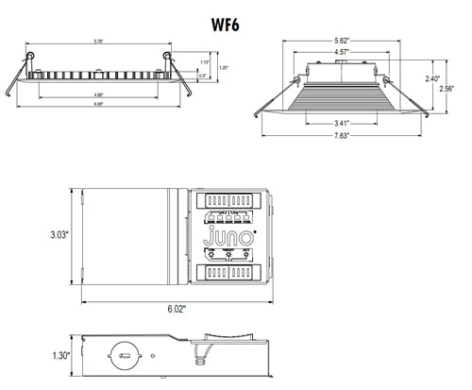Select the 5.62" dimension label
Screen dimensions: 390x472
(x=343, y=41)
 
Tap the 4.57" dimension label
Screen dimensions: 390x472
(x=343, y=53)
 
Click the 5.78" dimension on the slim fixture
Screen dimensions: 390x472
(x=97, y=41)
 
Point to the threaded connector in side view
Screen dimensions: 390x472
(x=200, y=358)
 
